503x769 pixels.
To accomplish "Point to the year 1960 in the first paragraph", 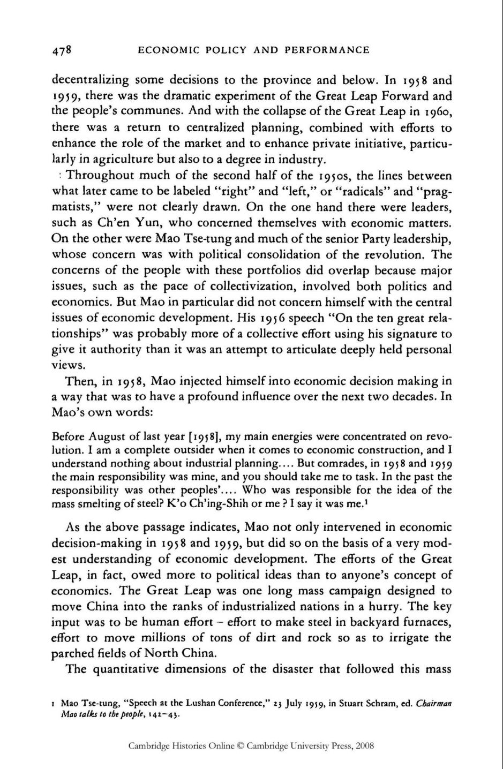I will (x=437, y=112).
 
